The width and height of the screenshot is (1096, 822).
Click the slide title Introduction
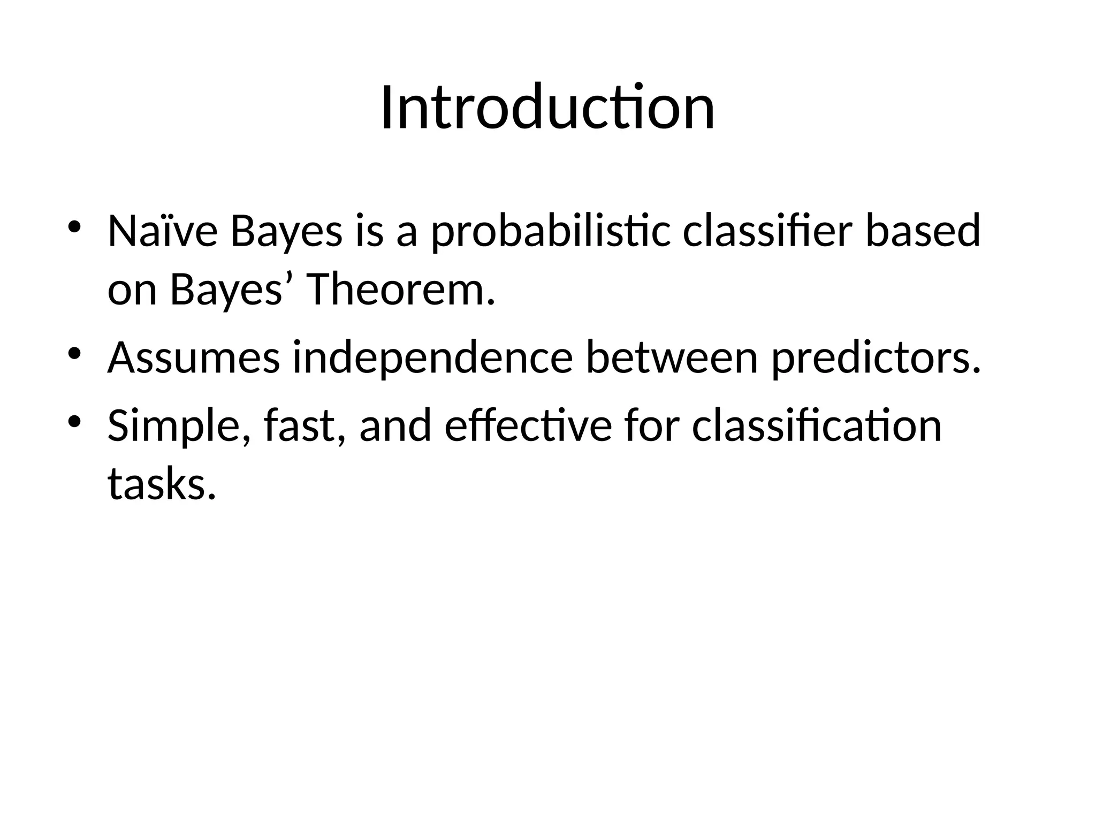tap(547, 109)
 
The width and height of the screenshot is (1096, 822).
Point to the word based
tap(923, 232)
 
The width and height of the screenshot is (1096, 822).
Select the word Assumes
tap(194, 358)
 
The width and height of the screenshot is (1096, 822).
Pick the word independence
tap(432, 359)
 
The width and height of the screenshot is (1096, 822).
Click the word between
tap(672, 358)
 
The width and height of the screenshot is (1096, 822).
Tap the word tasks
tap(162, 484)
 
